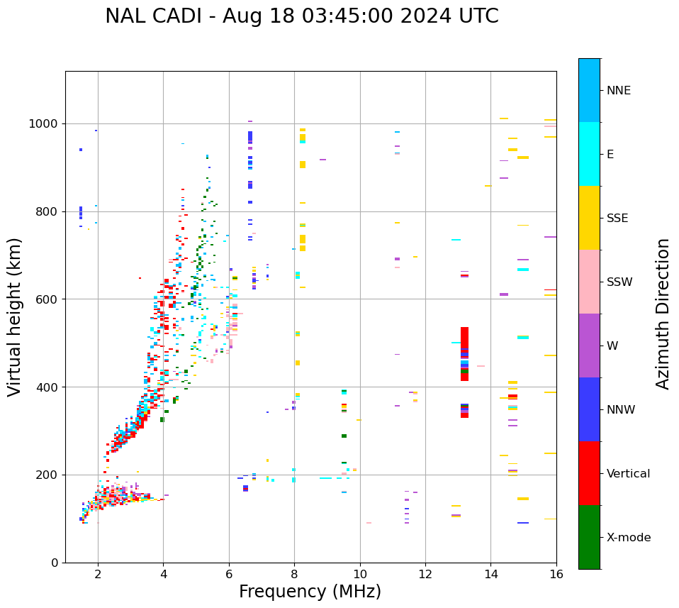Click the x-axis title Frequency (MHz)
coord(310,592)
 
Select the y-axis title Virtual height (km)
coord(15,317)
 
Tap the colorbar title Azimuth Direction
coord(663,314)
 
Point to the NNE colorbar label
coord(618,91)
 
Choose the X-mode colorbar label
coord(628,538)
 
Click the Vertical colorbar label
coord(628,474)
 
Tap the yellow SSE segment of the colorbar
coord(589,218)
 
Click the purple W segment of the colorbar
coord(589,346)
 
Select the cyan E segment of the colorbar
coord(589,154)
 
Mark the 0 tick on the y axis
coord(55,563)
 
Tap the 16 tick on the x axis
coord(556,574)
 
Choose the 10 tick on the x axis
coord(360,574)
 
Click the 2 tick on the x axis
coord(98,574)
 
